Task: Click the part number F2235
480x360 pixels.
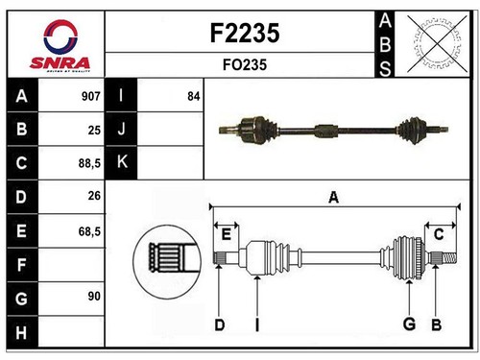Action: [x=245, y=33]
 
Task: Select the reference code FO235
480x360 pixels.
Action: [x=245, y=65]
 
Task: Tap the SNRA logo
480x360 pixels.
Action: [x=60, y=46]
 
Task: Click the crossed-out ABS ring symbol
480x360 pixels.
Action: [x=437, y=44]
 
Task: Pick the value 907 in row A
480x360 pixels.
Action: [x=91, y=96]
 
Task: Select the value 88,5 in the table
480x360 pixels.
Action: [x=89, y=163]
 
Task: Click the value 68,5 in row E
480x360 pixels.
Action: [x=89, y=231]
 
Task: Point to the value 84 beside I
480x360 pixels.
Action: [x=194, y=96]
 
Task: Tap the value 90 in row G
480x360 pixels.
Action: [x=94, y=297]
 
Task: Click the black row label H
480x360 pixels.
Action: [x=22, y=332]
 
